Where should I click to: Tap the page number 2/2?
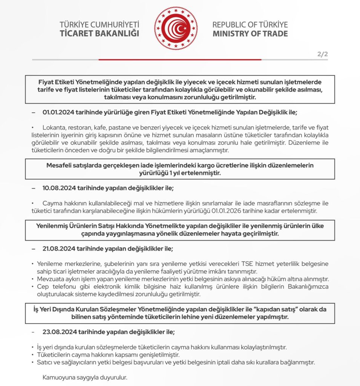(322, 54)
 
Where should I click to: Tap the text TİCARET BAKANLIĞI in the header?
(100, 34)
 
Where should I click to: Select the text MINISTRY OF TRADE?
(250, 34)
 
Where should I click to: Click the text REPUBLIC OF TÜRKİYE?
(250, 25)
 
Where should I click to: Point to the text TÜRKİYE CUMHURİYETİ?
(100, 25)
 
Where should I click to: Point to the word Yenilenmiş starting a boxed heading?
(53, 226)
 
